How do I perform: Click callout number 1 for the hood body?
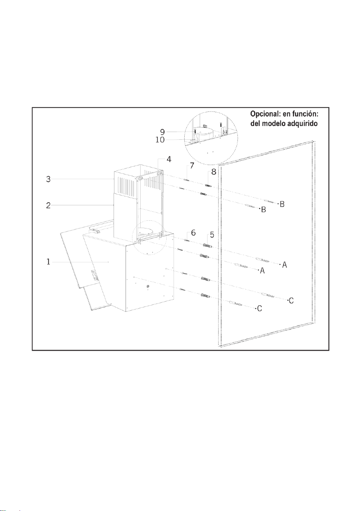point(49,261)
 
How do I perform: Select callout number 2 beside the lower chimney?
point(49,205)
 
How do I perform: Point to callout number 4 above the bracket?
point(169,159)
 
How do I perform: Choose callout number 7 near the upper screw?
point(192,165)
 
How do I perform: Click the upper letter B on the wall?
point(282,204)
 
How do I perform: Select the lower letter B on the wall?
point(264,210)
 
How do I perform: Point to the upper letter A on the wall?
point(285,265)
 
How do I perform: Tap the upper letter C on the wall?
point(291,301)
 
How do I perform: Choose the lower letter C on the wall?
point(260,308)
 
